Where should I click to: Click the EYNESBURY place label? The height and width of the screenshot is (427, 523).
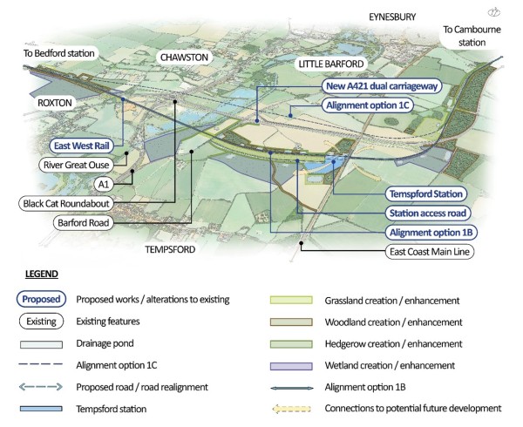coord(391,17)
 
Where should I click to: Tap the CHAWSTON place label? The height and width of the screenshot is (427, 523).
coord(184,57)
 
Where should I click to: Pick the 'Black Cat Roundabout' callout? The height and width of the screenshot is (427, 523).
coord(73,203)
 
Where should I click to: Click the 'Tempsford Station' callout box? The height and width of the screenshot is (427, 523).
coord(426,193)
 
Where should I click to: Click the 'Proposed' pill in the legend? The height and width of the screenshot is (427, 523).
coord(40,299)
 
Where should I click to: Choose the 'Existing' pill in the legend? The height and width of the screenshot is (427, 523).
coord(40,322)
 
